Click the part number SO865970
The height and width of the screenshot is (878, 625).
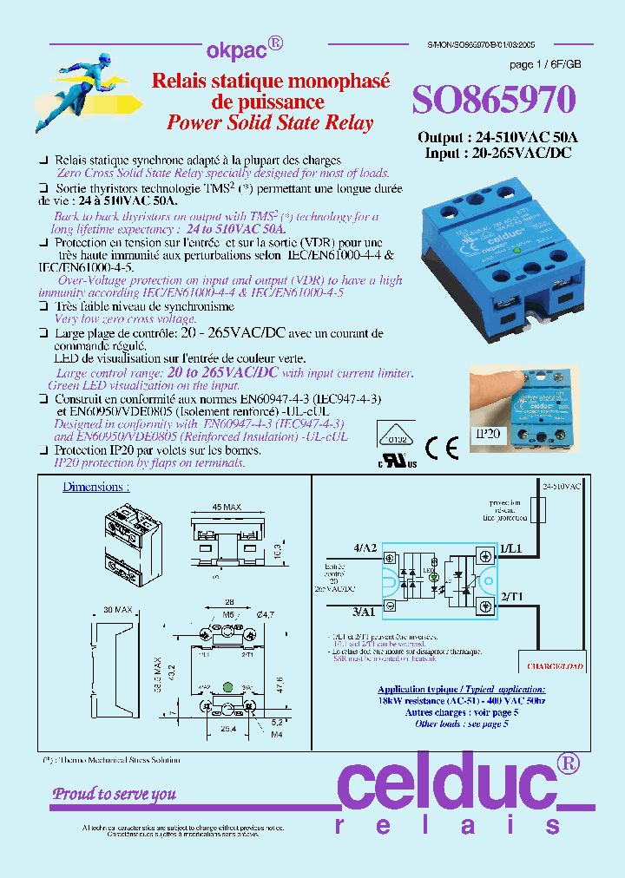coord(493,102)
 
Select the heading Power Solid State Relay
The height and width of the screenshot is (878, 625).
coord(270,122)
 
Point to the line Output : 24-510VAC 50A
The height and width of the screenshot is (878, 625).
coord(497,138)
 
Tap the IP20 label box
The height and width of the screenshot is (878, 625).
coord(488,432)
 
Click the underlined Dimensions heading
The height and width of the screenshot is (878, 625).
coord(95,488)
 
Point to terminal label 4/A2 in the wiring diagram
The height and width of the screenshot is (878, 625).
coord(365,548)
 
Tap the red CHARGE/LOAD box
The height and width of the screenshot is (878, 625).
coord(555,666)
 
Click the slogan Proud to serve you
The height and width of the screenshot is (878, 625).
coord(115,793)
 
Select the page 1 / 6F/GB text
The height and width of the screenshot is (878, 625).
coord(545,65)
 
